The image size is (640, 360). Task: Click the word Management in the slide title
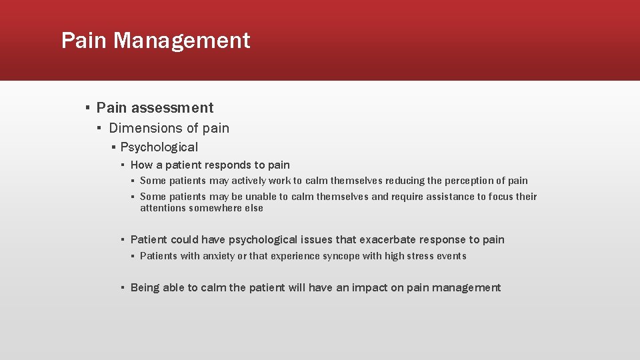click(x=181, y=41)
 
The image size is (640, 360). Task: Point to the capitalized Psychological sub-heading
click(x=159, y=147)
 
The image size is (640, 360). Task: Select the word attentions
click(x=163, y=208)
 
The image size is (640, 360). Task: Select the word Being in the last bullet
click(x=145, y=288)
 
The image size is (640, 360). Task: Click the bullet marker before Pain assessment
click(x=87, y=108)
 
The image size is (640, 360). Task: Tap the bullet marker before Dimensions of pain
click(x=98, y=128)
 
